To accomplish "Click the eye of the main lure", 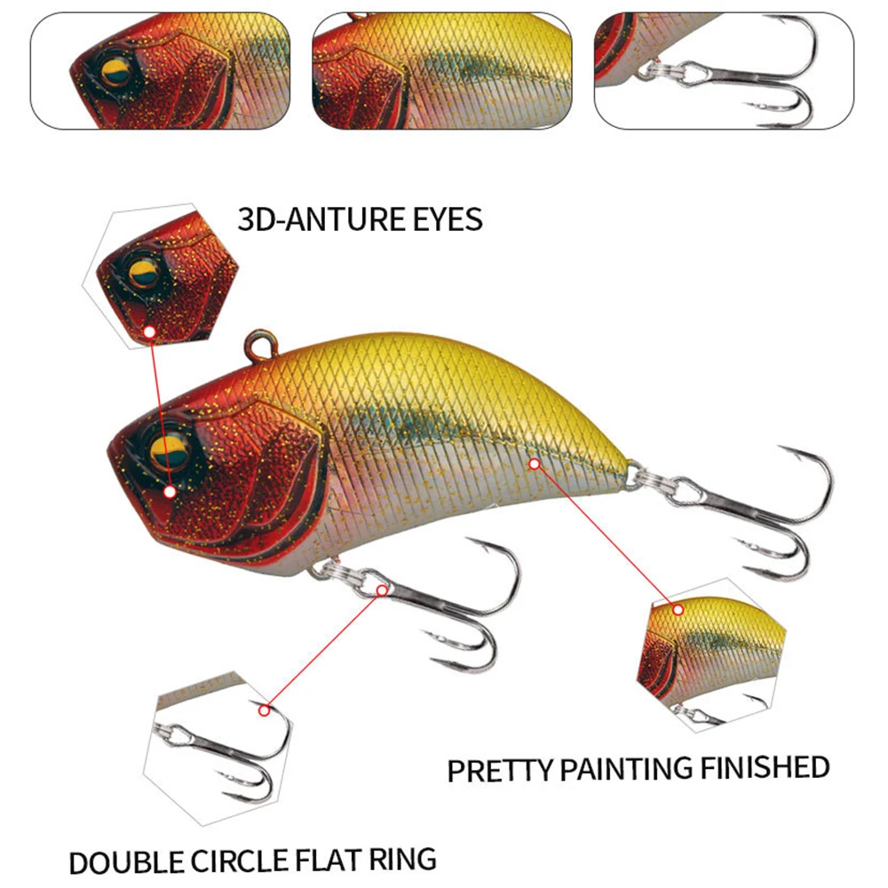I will (166, 449).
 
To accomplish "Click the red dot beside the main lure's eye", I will (170, 490).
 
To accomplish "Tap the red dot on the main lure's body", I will (534, 463).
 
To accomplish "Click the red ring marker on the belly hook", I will (382, 589).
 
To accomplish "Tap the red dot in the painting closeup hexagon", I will (678, 609).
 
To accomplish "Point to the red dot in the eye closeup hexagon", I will (150, 332).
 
